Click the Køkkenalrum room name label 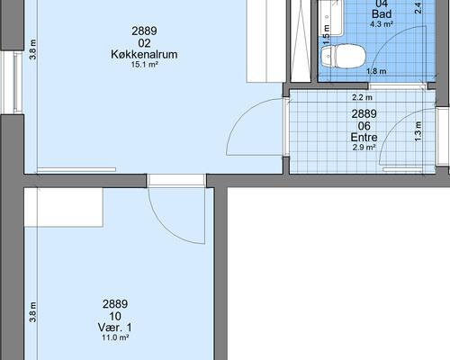(144, 55)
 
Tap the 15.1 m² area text (144, 65)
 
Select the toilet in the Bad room (344, 56)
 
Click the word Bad (382, 14)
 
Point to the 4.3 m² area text (382, 24)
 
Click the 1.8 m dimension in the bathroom (376, 71)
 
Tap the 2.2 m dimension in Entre (362, 97)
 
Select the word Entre (364, 138)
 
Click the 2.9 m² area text (364, 148)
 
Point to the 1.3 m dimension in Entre (418, 131)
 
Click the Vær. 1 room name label (115, 328)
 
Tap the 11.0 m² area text (115, 337)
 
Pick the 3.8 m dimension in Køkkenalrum (32, 49)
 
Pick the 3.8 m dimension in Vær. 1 (32, 312)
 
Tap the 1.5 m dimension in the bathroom (327, 35)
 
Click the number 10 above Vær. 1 (115, 316)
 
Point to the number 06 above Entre (364, 126)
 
